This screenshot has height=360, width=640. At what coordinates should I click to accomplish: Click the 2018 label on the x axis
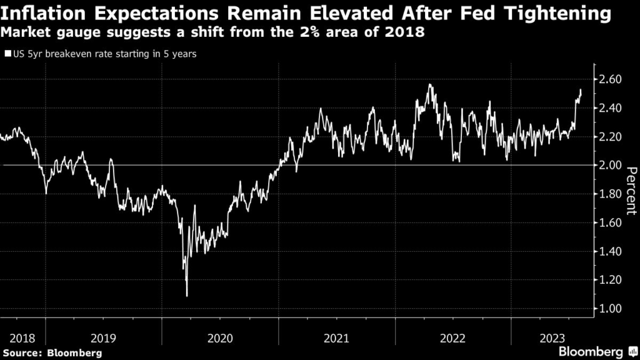click(22, 338)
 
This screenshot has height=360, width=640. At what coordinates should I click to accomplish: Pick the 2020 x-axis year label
click(219, 338)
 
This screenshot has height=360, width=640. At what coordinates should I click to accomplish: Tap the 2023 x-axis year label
click(551, 338)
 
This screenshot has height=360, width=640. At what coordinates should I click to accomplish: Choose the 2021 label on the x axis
click(336, 338)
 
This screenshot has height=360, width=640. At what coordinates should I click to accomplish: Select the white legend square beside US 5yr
click(7, 54)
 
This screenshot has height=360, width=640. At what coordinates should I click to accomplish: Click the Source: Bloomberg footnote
click(52, 352)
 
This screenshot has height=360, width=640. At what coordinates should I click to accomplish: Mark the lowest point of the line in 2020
click(187, 296)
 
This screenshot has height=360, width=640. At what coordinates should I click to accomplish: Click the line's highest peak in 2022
click(429, 84)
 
